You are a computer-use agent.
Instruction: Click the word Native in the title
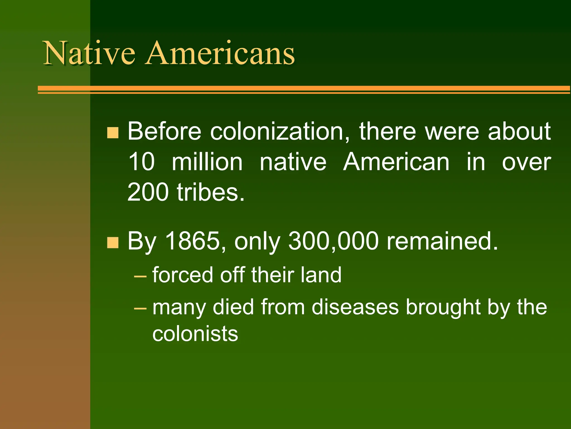point(89,53)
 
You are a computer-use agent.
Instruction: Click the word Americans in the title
point(219,53)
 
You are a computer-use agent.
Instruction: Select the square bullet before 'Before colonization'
point(113,133)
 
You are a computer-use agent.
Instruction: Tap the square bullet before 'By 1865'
point(113,242)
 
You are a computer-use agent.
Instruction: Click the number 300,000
point(333,241)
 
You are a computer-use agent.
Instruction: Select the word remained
point(442,241)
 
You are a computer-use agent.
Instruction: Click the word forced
point(183,275)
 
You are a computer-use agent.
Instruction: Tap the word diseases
point(355,307)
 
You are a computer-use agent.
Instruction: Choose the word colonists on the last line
point(195,334)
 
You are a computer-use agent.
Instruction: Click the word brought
point(443,307)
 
